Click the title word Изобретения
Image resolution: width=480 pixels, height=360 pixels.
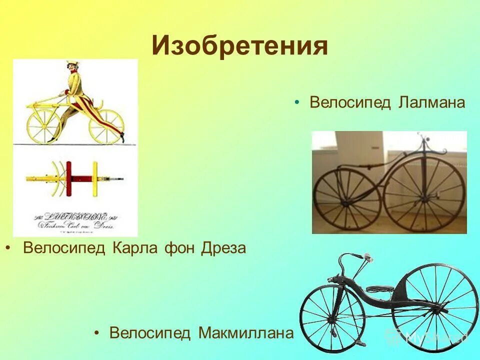coord(240,46)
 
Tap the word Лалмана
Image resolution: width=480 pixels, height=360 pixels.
coord(432,103)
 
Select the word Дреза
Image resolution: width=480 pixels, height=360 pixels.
coord(223,248)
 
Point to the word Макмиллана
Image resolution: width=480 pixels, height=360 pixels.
coord(245,332)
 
